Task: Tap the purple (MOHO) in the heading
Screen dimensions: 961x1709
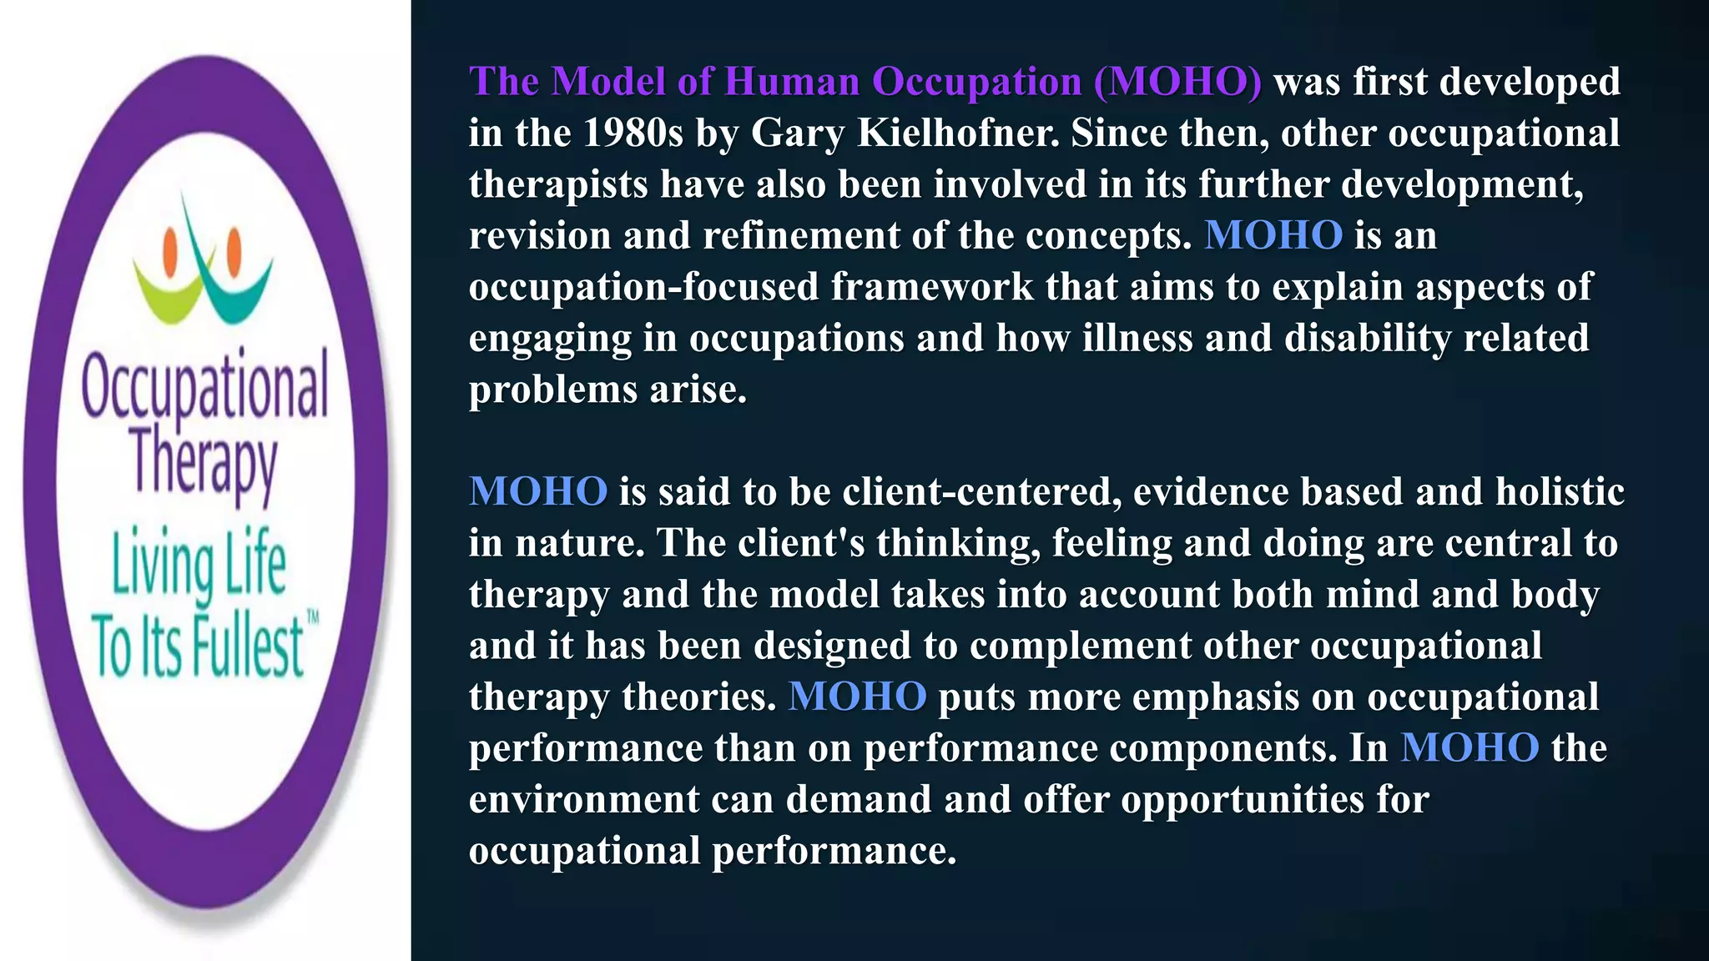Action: coord(1177,82)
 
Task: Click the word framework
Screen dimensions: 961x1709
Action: coord(932,287)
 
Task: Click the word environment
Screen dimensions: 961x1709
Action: coord(583,799)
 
